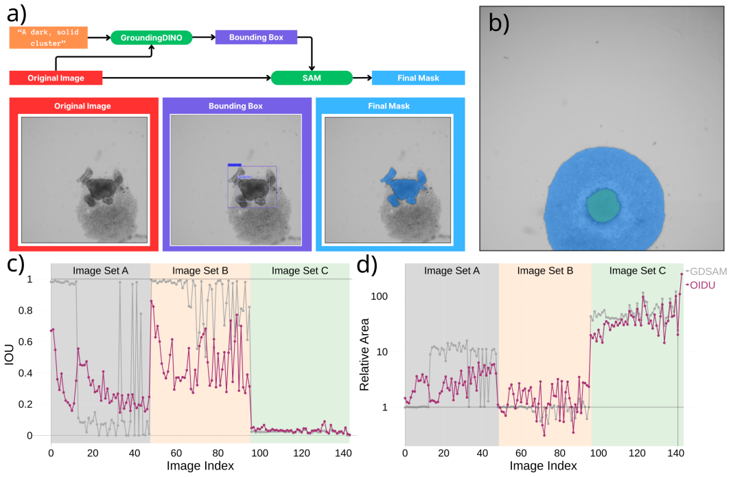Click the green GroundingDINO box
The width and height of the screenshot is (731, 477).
pos(151,38)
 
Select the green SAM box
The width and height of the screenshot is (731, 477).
pos(312,78)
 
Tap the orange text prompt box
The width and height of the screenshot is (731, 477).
pos(49,38)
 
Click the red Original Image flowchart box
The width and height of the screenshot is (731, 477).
pos(56,78)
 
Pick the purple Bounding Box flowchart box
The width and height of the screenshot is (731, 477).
pos(256,37)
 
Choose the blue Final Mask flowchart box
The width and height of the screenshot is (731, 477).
pos(418,78)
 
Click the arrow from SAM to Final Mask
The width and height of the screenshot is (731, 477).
pos(362,78)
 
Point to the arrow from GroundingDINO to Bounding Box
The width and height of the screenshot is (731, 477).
pos(204,37)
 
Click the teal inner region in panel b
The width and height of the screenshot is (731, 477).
pos(603,205)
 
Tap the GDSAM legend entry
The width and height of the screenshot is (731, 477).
pos(706,271)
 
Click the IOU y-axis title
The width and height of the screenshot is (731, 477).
pos(9,354)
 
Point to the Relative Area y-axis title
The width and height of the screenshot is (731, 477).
pos(364,354)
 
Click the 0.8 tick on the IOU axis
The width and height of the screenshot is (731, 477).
pos(27,311)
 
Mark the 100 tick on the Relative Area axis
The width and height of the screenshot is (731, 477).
pos(379,296)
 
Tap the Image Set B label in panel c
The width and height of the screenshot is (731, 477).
pos(200,271)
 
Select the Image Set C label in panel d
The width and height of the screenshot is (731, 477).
pos(637,271)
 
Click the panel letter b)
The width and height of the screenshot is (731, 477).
pos(499,23)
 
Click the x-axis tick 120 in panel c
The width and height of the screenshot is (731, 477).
pos(301,453)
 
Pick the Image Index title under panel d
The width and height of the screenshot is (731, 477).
pos(543,466)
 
